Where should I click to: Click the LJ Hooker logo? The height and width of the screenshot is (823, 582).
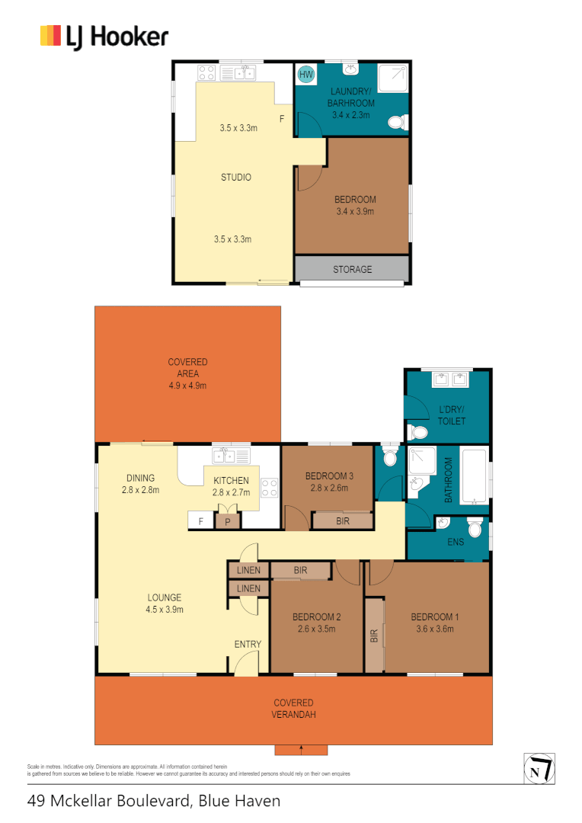point(104,37)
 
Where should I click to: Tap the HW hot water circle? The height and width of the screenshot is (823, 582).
point(306,75)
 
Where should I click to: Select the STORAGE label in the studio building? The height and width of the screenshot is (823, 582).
point(352,269)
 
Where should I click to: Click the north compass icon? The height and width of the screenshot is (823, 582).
point(539,767)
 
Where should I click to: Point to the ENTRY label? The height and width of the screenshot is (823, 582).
point(248,645)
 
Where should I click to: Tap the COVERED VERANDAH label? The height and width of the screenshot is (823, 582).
point(294,709)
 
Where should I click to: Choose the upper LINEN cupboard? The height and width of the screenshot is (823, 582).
point(248,571)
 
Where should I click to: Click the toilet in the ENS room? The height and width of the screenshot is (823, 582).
point(475,527)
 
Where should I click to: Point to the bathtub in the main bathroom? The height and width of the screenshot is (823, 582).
point(475,479)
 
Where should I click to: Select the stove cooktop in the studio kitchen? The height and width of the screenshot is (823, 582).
point(206,73)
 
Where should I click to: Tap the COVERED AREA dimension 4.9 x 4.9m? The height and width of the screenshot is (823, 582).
point(187,386)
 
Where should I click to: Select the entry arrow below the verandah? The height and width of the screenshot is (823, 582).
point(301,750)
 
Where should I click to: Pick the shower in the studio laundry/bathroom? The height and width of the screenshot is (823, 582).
point(393,75)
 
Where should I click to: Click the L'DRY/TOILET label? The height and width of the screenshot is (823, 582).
point(452,415)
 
